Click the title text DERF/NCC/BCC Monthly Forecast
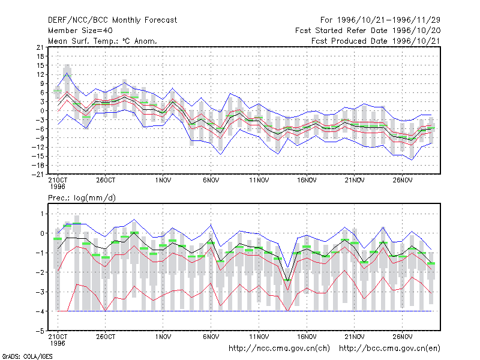click(112, 20)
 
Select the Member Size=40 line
click(80, 31)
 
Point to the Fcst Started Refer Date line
click(368, 31)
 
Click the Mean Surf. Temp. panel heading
click(103, 41)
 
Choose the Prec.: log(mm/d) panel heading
click(82, 198)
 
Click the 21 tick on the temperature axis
click(40, 47)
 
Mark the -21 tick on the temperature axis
click(38, 175)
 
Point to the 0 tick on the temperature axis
click(42, 111)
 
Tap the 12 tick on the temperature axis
click(40, 74)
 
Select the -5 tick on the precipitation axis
click(40, 331)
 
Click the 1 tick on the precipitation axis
click(42, 214)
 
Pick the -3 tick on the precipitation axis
click(40, 292)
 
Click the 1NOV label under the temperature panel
click(163, 181)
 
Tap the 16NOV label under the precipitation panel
click(307, 337)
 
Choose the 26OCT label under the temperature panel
click(106, 181)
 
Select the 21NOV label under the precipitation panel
click(355, 337)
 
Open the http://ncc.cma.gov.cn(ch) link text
click(279, 349)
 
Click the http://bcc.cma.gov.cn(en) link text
click(389, 349)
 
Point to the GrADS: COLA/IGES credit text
click(27, 356)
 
